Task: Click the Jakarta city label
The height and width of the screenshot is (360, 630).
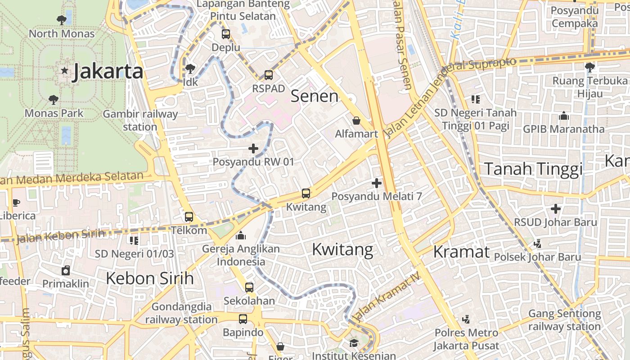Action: point(108,71)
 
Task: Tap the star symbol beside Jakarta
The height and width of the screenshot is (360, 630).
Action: point(65,70)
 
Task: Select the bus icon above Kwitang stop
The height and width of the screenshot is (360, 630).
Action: point(306,193)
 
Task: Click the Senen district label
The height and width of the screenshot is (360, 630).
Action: point(315,96)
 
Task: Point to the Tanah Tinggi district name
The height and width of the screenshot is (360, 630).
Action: point(533,169)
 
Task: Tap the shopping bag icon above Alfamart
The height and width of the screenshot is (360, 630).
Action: point(356,121)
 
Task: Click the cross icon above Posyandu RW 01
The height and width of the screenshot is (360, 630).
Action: point(253,148)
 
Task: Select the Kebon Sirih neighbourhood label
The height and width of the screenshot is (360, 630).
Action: point(150,278)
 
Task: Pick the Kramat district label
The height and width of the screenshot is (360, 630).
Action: point(461,252)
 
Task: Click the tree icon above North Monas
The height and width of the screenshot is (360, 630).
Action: point(62,20)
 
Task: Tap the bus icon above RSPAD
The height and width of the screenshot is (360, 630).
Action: point(269,75)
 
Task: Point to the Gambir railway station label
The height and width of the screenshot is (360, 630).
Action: point(140,120)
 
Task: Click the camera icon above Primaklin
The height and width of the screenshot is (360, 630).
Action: point(66,270)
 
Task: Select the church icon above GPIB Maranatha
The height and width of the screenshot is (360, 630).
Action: point(564,116)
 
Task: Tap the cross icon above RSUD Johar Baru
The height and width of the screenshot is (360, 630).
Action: point(556,209)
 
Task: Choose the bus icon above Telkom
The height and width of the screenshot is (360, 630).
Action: point(189,217)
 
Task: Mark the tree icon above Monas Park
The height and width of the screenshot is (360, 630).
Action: point(54,99)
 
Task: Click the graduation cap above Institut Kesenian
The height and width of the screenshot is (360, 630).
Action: point(354,343)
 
